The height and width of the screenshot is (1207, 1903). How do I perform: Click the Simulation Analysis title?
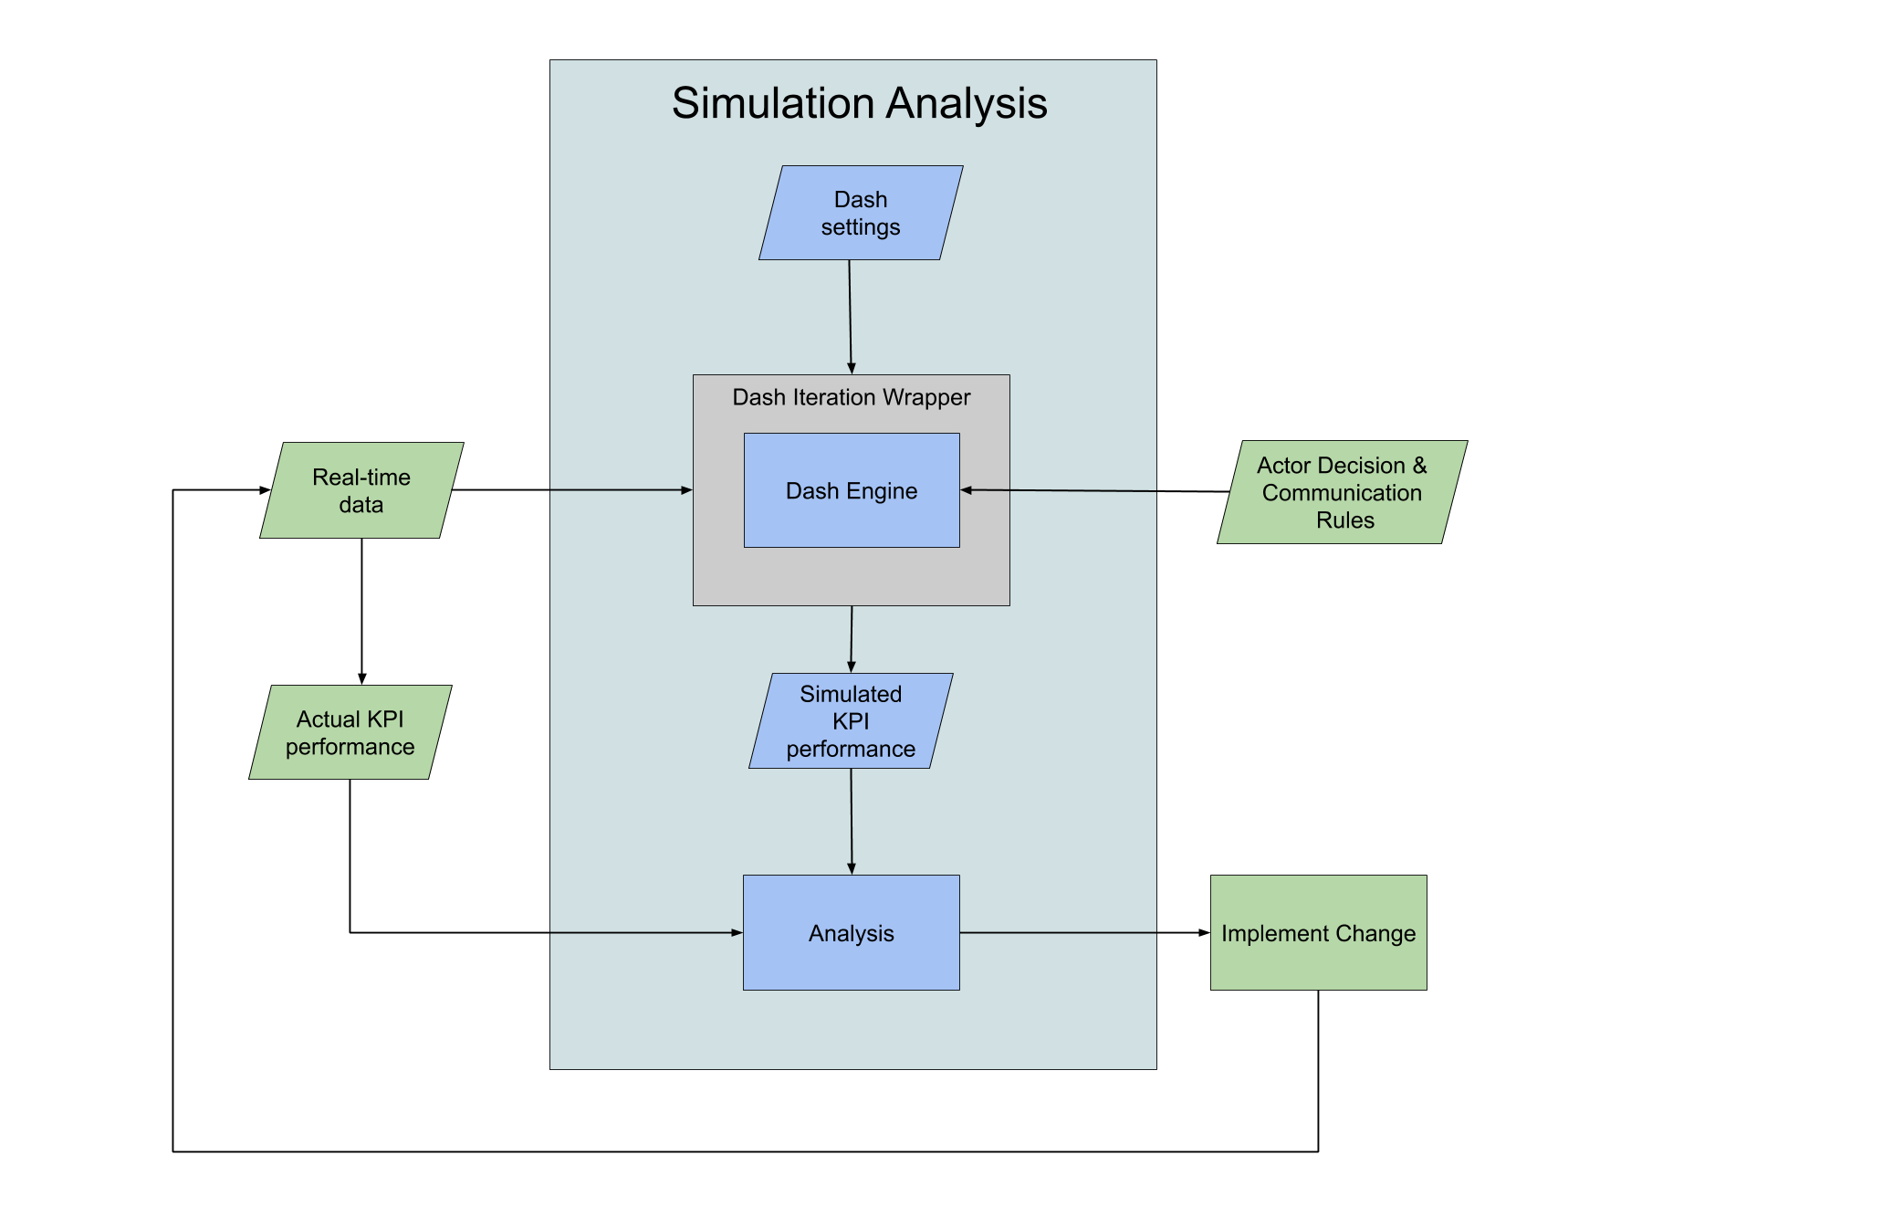click(859, 103)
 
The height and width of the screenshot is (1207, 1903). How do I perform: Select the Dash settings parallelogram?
click(861, 213)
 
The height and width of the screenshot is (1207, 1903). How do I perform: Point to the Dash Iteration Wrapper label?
click(851, 397)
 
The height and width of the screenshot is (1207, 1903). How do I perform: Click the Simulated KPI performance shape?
click(851, 721)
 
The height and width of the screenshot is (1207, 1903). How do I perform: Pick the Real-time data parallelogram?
click(361, 490)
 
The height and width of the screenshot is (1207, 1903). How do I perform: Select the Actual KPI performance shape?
click(350, 732)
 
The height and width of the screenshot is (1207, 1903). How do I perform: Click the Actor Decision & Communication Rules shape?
click(1342, 492)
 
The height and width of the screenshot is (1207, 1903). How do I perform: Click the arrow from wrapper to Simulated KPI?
click(852, 639)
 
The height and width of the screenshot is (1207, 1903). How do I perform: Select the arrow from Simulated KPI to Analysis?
click(852, 822)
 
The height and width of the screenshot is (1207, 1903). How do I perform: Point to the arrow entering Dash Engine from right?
click(1059, 490)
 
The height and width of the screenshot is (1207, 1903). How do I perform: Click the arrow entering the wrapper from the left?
click(621, 490)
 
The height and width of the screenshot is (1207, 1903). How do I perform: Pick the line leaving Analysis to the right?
click(1059, 932)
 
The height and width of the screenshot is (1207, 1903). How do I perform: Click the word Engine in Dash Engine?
click(881, 491)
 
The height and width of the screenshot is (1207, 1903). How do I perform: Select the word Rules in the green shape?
click(1344, 520)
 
